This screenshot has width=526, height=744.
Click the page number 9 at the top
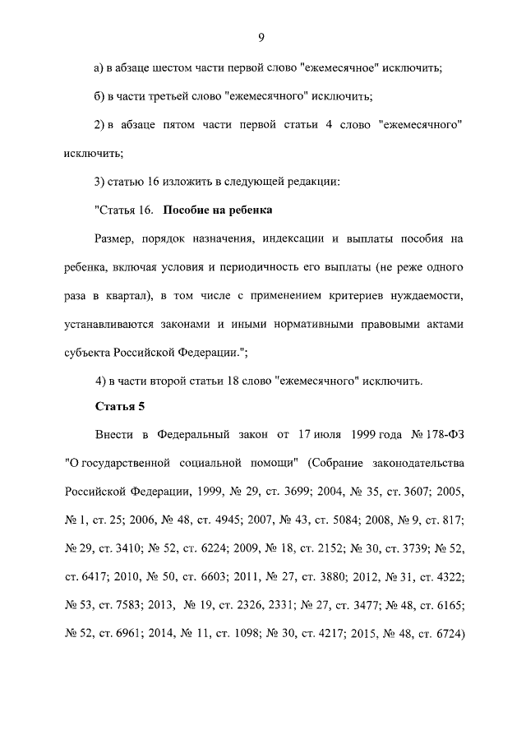[261, 36]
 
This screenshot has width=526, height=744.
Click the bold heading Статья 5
[120, 406]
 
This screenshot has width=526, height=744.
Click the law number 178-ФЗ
[442, 435]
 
